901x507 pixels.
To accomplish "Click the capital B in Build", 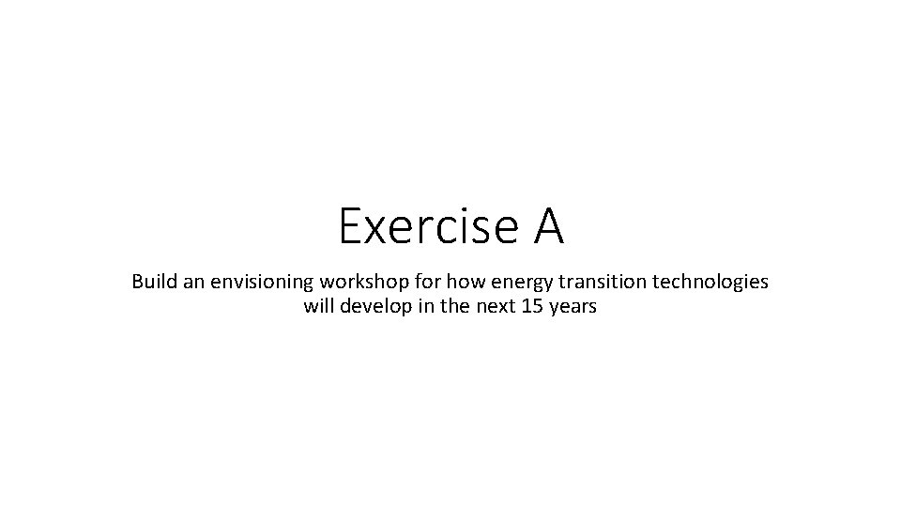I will [x=137, y=281].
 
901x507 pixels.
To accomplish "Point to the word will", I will [x=317, y=306].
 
